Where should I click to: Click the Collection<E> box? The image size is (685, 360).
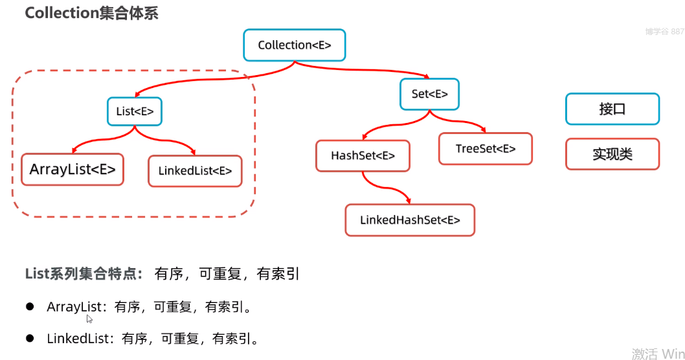(295, 45)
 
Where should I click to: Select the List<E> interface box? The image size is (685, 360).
(135, 111)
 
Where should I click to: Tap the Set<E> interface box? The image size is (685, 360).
(429, 94)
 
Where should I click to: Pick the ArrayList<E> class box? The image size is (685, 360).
(73, 170)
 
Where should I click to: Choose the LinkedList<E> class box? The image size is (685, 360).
(195, 172)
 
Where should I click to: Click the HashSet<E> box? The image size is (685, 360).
(363, 156)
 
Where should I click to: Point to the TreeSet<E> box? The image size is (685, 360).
(486, 149)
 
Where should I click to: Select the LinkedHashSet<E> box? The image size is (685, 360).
(410, 220)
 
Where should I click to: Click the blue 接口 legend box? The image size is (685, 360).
(612, 109)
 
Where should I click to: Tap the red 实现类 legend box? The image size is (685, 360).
(612, 155)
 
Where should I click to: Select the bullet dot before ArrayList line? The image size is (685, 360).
(30, 306)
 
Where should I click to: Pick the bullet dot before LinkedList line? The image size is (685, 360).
(30, 338)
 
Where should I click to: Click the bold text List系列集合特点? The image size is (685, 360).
(84, 274)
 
